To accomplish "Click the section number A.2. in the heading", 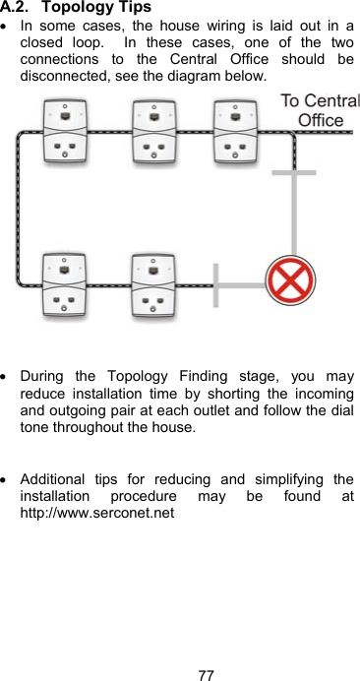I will (18, 7).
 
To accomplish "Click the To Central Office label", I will (320, 110).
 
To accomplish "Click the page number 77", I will (206, 674).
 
